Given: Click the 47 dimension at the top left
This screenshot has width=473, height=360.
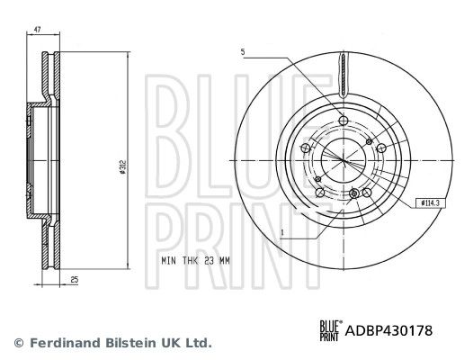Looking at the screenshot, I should pyautogui.click(x=38, y=31).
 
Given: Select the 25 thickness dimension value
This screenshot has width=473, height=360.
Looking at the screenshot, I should pyautogui.click(x=74, y=280).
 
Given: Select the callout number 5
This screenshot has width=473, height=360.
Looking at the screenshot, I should pyautogui.click(x=243, y=51).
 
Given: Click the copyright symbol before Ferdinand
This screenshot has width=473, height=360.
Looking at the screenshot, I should pyautogui.click(x=18, y=343).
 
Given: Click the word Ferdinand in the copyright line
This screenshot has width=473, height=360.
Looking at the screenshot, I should pyautogui.click(x=64, y=343).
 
